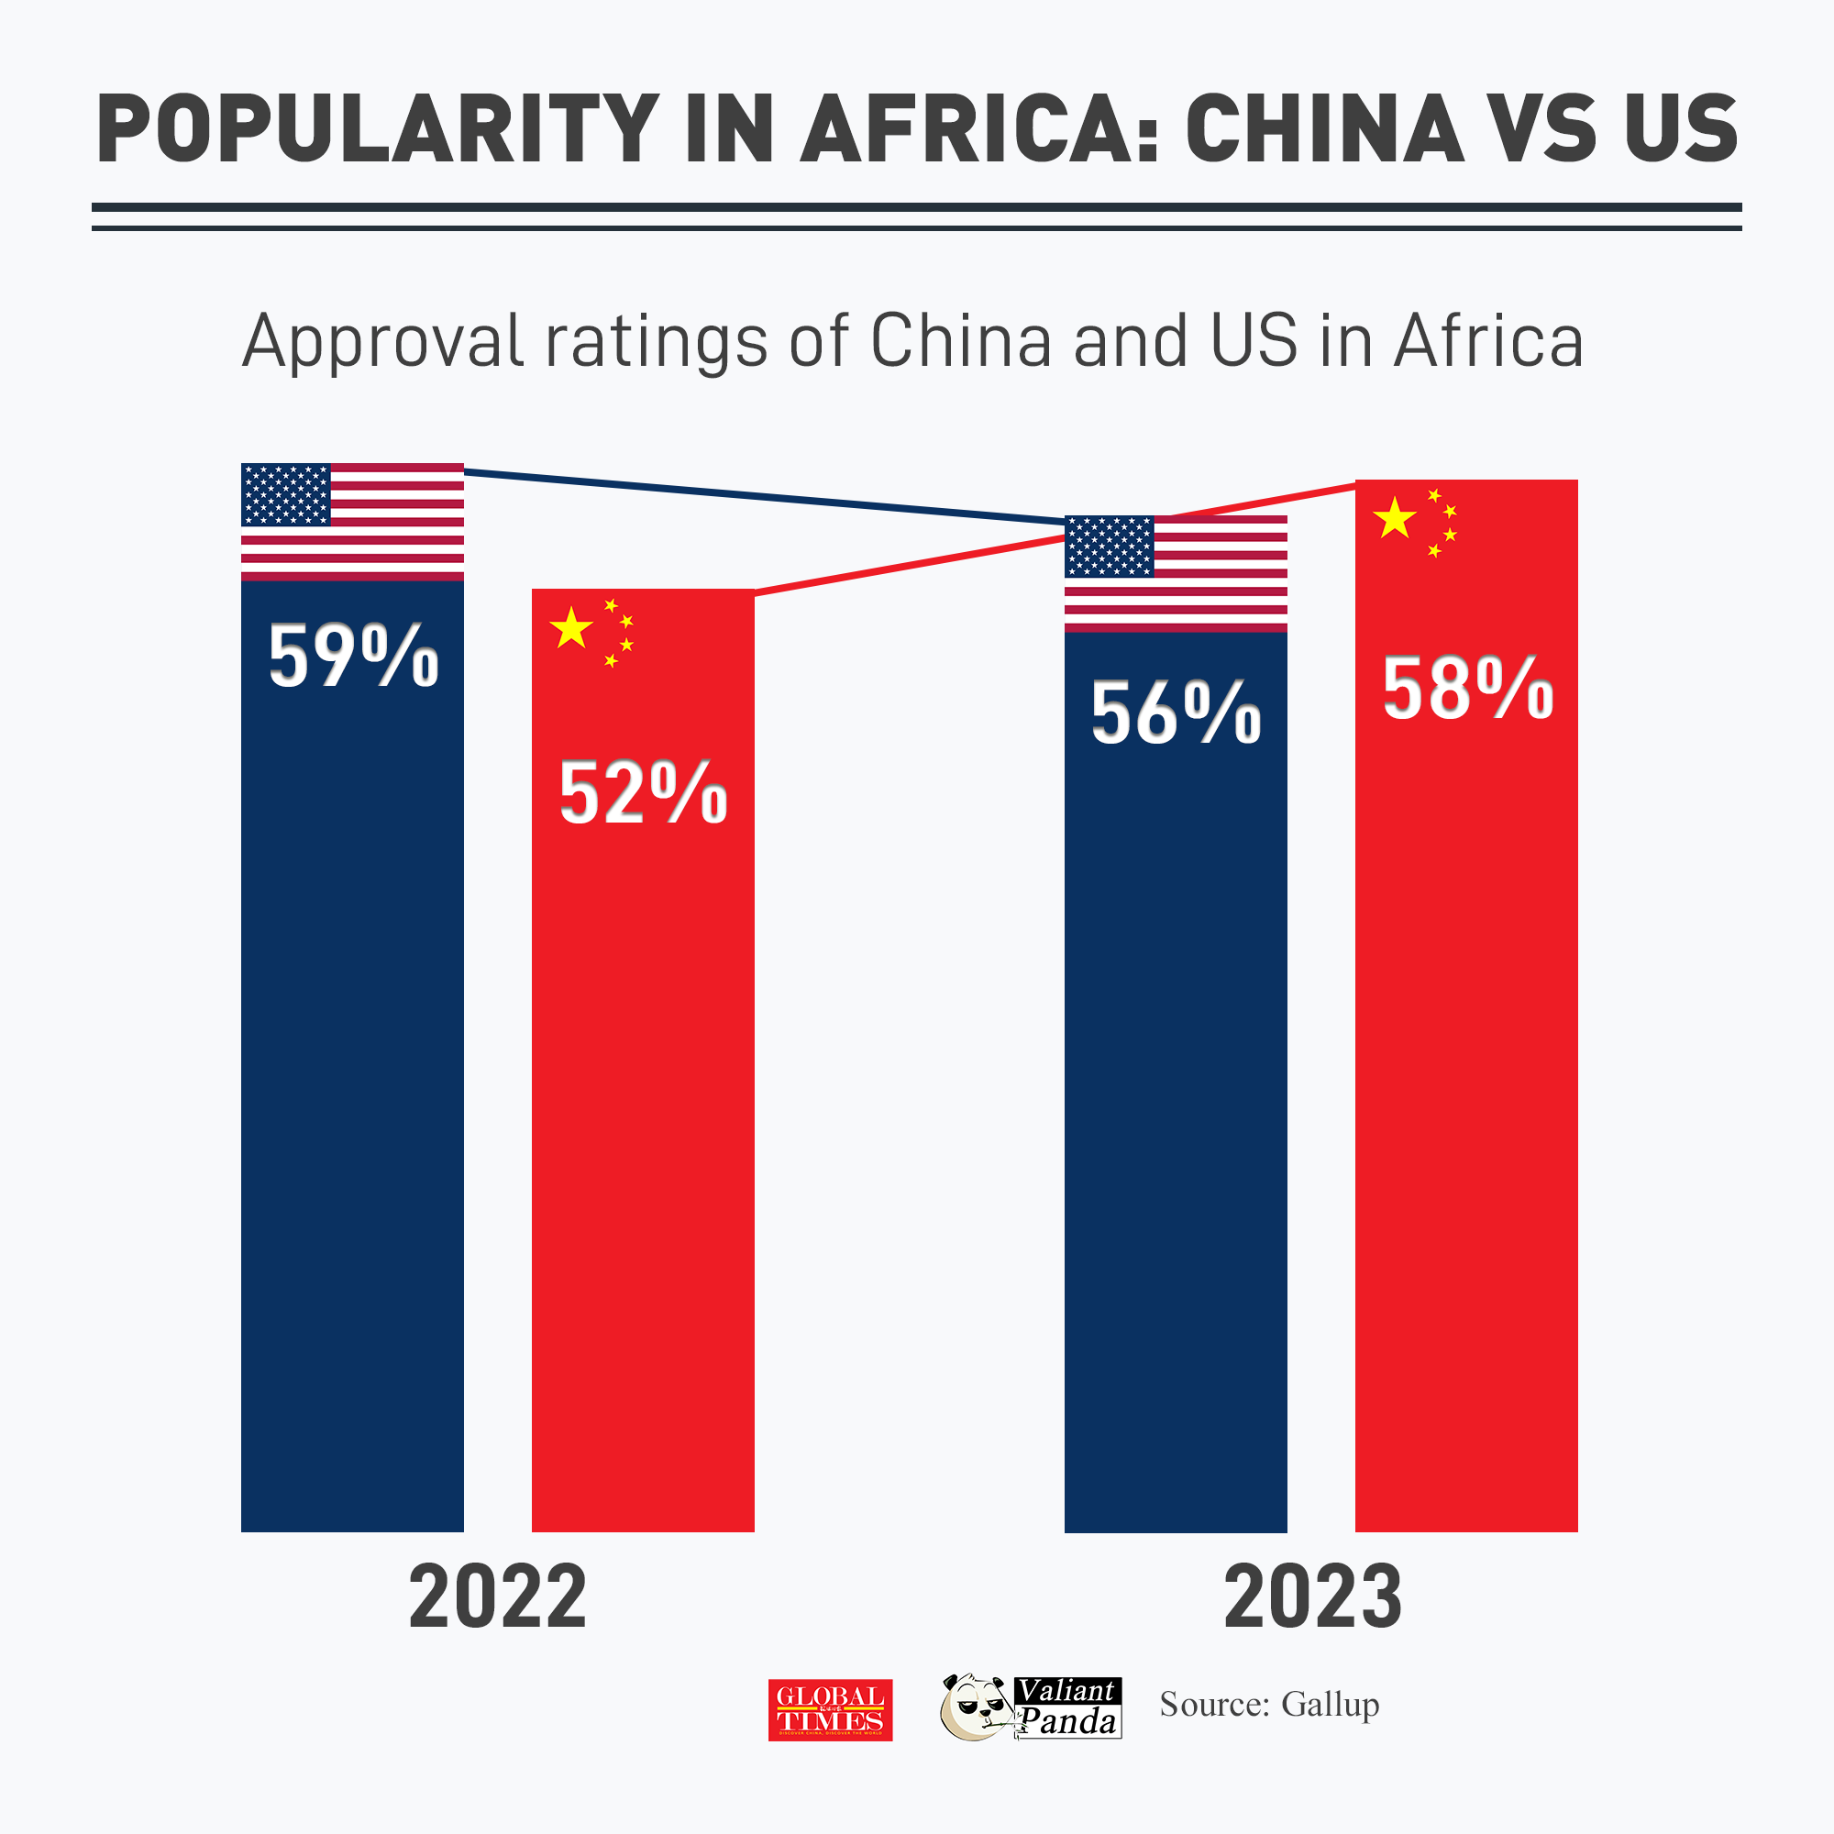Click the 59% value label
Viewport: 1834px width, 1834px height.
click(353, 656)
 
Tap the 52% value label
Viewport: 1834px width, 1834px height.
click(643, 792)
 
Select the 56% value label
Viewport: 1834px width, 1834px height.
click(1176, 713)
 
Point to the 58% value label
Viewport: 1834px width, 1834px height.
click(1466, 690)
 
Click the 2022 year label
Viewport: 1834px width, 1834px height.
click(497, 1598)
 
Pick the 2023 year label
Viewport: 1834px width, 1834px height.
click(1313, 1598)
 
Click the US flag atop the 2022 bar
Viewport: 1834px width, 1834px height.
click(352, 521)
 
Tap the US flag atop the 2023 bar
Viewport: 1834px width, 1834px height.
click(1176, 573)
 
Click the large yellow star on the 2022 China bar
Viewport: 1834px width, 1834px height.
click(571, 629)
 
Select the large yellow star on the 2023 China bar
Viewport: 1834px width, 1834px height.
click(1395, 519)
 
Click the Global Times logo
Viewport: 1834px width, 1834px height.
click(830, 1709)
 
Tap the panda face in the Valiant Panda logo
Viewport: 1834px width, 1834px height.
click(974, 1708)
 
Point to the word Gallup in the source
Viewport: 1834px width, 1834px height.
click(1330, 1705)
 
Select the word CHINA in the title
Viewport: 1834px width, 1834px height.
click(1324, 130)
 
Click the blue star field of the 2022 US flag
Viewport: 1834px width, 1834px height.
click(286, 494)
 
